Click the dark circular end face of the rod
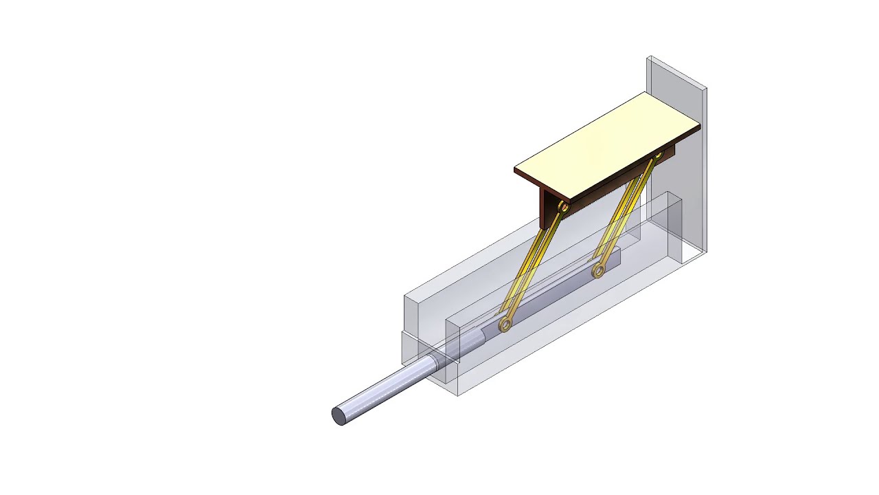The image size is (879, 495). [339, 416]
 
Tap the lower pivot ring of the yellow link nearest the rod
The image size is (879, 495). [505, 324]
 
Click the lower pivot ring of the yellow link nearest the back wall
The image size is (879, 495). [598, 271]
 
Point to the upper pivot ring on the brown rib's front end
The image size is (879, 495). [564, 206]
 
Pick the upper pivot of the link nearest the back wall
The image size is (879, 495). [657, 156]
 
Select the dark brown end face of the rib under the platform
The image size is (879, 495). [547, 210]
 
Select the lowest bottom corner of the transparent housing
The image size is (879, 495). [459, 396]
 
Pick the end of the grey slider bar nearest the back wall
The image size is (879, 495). [618, 254]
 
